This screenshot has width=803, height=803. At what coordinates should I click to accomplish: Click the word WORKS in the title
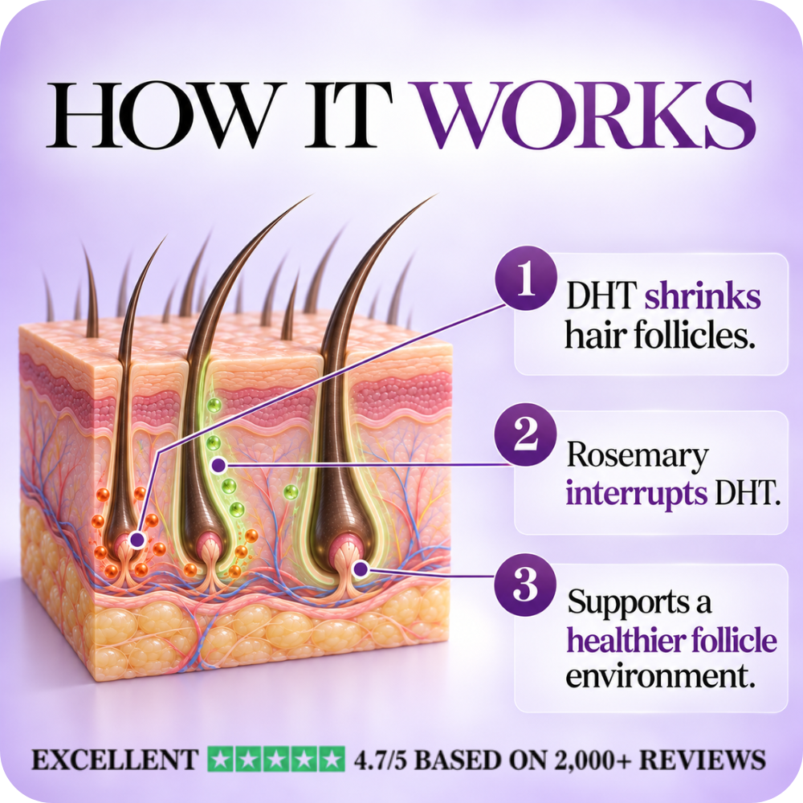click(589, 114)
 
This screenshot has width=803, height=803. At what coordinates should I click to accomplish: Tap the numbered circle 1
click(526, 279)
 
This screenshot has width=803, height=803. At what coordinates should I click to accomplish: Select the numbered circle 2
click(526, 434)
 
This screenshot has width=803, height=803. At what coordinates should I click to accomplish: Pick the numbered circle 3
click(526, 584)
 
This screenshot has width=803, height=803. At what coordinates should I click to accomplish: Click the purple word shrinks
click(702, 297)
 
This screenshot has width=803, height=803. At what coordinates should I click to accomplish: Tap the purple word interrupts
click(637, 493)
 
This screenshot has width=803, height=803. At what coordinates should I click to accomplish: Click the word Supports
click(628, 602)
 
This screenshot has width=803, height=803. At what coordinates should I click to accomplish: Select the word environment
click(661, 676)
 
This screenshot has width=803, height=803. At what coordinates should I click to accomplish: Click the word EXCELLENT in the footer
click(115, 760)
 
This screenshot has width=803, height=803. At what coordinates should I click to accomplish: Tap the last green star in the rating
click(332, 760)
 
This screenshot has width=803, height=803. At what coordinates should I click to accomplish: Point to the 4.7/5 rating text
click(381, 760)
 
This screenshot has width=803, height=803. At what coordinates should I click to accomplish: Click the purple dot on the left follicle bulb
click(137, 540)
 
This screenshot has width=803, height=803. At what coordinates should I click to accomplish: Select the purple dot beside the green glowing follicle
click(218, 465)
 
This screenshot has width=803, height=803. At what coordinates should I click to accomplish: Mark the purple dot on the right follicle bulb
click(361, 568)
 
